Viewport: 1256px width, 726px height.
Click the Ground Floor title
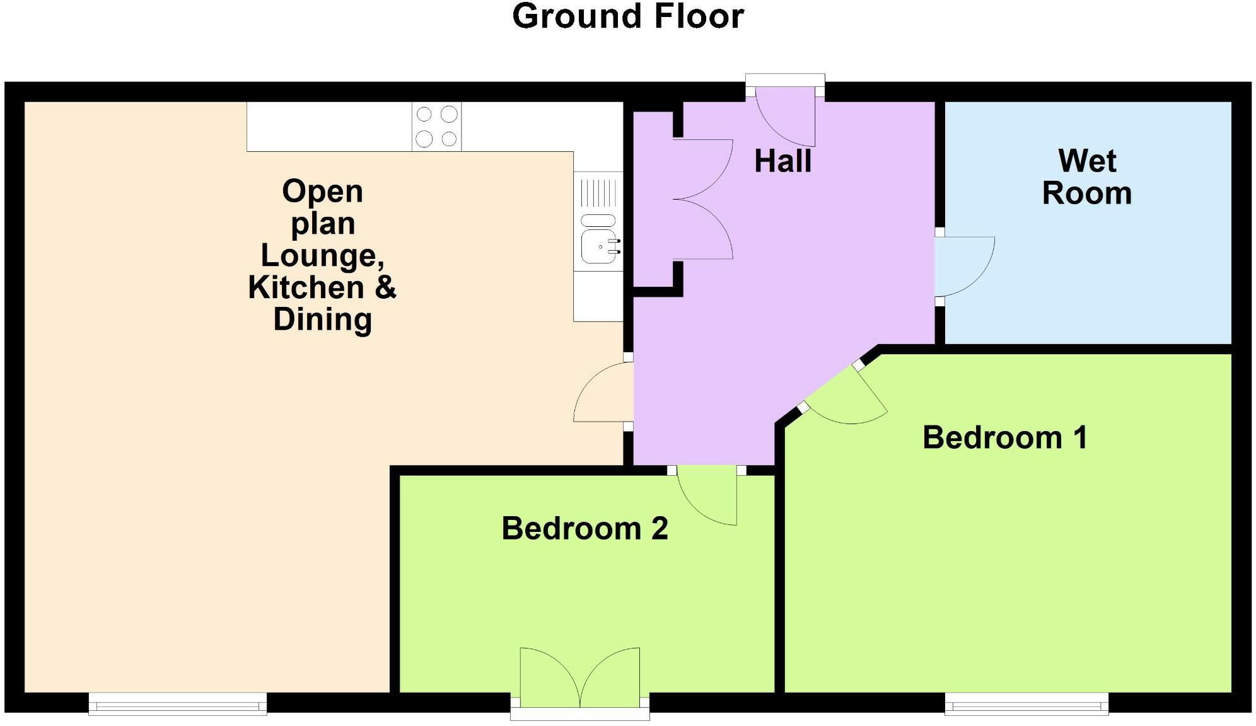[628, 16]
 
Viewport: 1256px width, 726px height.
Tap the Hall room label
[782, 161]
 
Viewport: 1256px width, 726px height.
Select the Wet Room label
[1087, 176]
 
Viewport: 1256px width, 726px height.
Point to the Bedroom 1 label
[1005, 437]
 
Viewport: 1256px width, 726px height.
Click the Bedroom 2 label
[584, 528]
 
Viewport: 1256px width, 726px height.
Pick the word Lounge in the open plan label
[323, 256]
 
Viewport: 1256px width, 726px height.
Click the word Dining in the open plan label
[323, 319]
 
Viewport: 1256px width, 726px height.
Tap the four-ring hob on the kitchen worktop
[436, 127]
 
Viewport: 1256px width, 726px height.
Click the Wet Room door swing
[965, 267]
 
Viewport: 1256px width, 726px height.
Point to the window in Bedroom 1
[1026, 703]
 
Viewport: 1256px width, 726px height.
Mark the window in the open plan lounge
[178, 703]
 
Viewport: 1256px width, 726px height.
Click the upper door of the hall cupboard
[703, 169]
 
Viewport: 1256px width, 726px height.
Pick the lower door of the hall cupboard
[703, 229]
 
